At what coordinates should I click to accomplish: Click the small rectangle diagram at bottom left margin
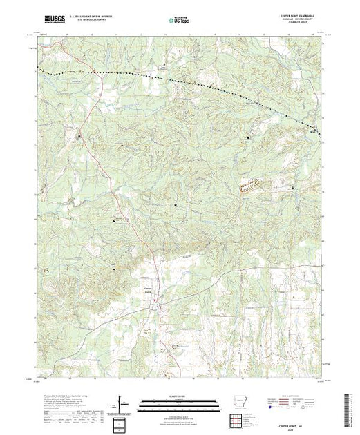coord(122,423)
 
